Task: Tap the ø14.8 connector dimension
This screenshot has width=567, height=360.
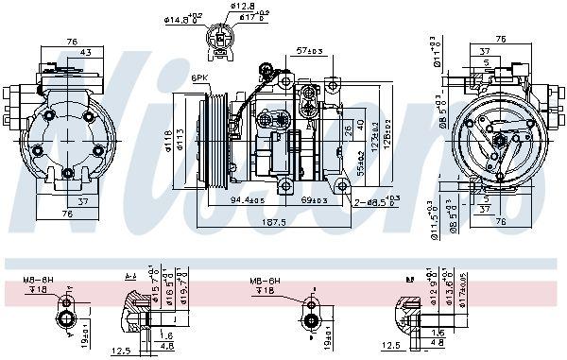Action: (x=180, y=16)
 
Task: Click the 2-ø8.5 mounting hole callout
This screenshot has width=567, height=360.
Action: (x=374, y=201)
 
